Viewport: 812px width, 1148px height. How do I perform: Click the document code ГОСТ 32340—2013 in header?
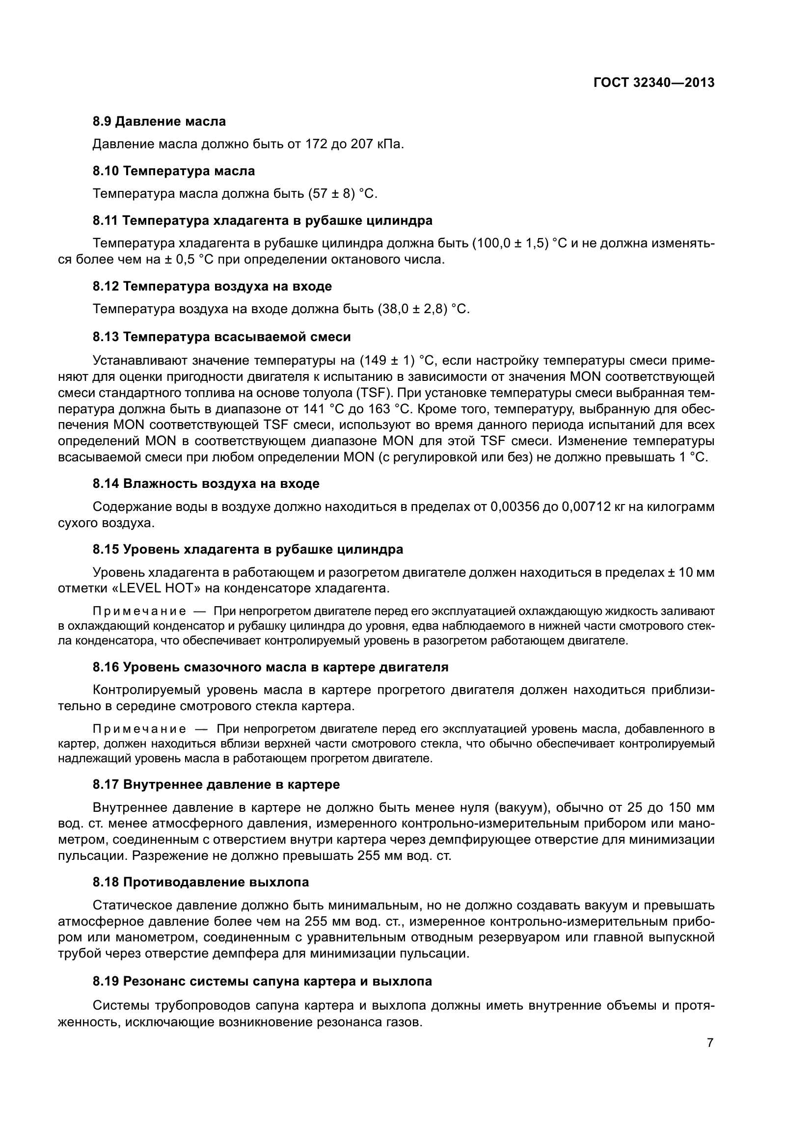(653, 83)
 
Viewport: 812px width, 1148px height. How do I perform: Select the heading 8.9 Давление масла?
(159, 122)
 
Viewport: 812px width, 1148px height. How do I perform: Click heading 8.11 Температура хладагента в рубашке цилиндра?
(263, 220)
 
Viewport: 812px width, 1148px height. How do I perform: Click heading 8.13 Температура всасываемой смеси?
(221, 337)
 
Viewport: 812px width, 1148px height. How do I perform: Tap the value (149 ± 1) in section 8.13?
(387, 361)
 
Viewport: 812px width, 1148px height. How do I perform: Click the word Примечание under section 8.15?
(139, 612)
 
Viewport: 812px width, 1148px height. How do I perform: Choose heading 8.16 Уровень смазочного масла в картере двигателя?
(271, 667)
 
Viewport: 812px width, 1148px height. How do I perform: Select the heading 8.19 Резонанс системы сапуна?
(262, 982)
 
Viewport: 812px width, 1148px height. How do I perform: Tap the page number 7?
(710, 1043)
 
